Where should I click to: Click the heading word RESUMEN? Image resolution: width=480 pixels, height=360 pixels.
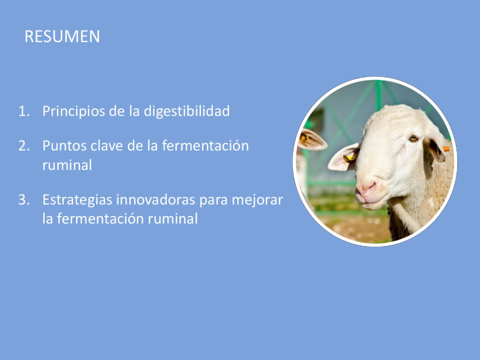coord(62,36)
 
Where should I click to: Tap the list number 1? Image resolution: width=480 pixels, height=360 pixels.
coord(24,111)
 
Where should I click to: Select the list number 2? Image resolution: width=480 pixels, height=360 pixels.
coord(24,145)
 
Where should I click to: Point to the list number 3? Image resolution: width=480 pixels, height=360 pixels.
coord(24,200)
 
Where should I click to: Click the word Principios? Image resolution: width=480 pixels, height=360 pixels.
coord(74,112)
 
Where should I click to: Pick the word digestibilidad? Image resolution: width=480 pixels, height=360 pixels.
coord(187,112)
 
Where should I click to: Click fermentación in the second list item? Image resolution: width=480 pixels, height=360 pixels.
coord(205,145)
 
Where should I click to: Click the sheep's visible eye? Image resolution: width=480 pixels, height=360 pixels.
coord(413,139)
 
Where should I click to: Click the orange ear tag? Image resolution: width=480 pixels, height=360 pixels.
coord(446,149)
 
